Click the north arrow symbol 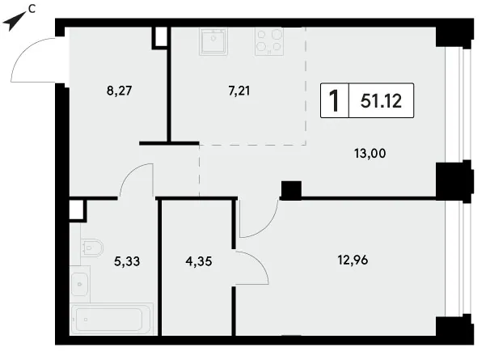(x=13, y=21)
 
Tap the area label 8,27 (x=120, y=91)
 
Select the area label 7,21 (x=239, y=91)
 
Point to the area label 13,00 (x=370, y=153)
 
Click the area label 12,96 (x=353, y=260)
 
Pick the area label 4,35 (x=199, y=260)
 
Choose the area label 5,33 (x=127, y=260)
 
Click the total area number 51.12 (x=381, y=101)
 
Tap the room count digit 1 (x=334, y=100)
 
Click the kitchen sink (x=213, y=41)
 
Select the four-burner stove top (x=269, y=41)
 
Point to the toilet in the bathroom (x=92, y=248)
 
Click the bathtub (x=112, y=319)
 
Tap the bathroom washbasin (x=80, y=284)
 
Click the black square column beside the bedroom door (x=291, y=190)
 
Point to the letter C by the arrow (x=32, y=10)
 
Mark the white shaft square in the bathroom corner (x=77, y=210)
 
